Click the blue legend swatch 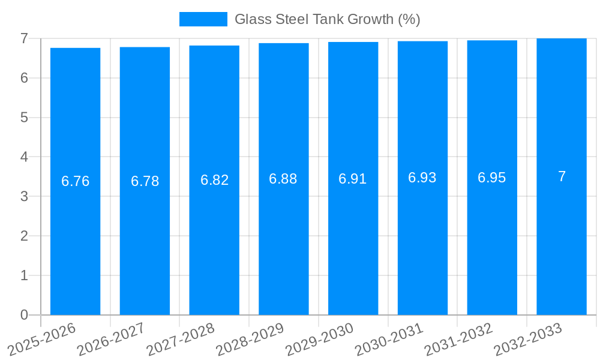[203, 19]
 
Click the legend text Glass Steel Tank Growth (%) [327, 19]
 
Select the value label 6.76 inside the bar [76, 181]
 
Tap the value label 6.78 [145, 181]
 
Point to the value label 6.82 [214, 180]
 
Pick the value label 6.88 [283, 179]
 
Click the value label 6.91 [353, 179]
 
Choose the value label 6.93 [422, 178]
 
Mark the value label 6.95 [492, 178]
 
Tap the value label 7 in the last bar [562, 176]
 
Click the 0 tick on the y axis [24, 315]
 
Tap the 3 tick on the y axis [24, 196]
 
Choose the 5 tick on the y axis [24, 118]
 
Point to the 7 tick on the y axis [24, 38]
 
